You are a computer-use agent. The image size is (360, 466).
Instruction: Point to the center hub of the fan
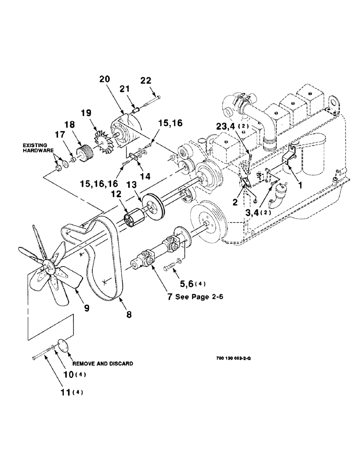pyautogui.click(x=48, y=266)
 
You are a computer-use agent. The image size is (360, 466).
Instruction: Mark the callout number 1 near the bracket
pyautogui.click(x=299, y=185)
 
